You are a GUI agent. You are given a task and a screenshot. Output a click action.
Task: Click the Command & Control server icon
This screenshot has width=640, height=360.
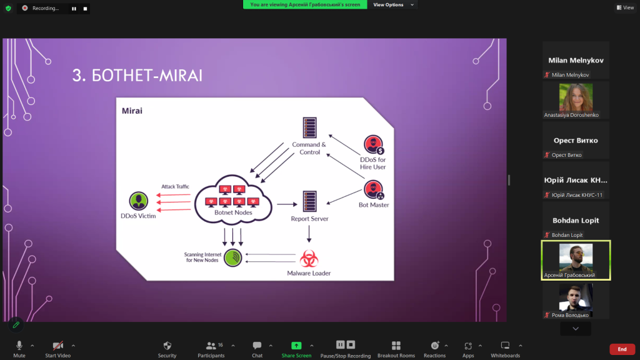[309, 127]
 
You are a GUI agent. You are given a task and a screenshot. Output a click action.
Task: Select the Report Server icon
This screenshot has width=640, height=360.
[309, 201]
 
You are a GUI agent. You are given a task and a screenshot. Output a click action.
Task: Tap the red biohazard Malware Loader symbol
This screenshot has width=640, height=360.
[309, 259]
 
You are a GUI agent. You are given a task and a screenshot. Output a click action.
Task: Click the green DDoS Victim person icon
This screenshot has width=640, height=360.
[138, 201]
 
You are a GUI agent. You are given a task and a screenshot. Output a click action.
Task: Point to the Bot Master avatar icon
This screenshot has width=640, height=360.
[374, 190]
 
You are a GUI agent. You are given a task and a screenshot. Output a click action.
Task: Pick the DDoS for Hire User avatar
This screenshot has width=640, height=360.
[374, 145]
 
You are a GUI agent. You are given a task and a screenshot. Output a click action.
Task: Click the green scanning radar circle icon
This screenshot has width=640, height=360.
[232, 258]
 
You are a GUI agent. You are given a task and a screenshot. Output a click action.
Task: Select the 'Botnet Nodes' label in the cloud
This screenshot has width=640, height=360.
[233, 212]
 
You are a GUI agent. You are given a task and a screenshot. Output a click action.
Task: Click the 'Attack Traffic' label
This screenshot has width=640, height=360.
[175, 186]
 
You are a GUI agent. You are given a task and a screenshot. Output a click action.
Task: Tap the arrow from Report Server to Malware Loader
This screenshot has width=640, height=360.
[309, 234]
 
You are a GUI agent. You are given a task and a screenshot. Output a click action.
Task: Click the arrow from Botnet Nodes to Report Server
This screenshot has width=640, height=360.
[287, 204]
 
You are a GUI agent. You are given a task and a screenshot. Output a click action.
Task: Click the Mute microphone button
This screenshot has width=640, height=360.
[19, 349]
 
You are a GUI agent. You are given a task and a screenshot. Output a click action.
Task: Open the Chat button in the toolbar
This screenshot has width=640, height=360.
[257, 349]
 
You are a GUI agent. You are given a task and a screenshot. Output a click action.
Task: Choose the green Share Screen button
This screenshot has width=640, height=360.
[296, 349]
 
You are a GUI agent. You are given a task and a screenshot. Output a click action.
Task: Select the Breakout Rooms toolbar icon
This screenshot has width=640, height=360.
[396, 349]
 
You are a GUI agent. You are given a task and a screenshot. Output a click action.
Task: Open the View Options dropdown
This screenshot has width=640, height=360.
[393, 5]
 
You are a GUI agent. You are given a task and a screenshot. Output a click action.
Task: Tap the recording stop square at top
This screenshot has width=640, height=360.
[85, 9]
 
